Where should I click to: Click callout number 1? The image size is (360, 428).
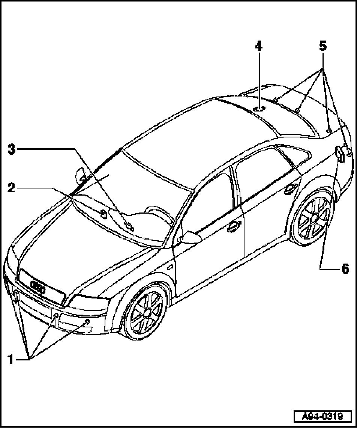(11, 359)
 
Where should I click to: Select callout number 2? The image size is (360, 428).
(12, 187)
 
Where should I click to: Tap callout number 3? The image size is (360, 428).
(12, 149)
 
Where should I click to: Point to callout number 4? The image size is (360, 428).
(258, 46)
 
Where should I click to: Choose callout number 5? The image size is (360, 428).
(323, 46)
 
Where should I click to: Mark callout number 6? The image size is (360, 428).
(345, 268)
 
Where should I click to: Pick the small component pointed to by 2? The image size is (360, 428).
(103, 214)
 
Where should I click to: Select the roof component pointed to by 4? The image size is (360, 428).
(259, 109)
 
